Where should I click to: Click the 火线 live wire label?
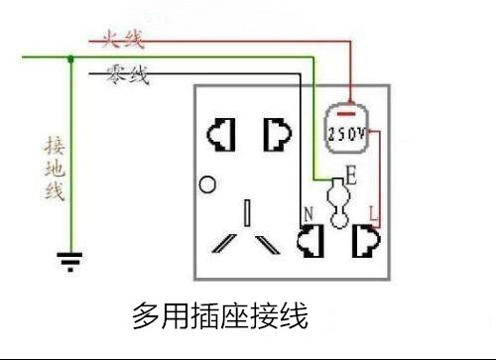point(122,41)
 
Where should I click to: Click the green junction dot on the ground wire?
point(70,59)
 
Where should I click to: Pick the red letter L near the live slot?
point(371,211)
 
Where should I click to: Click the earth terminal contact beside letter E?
point(339,202)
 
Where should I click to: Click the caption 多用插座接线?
point(220,316)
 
